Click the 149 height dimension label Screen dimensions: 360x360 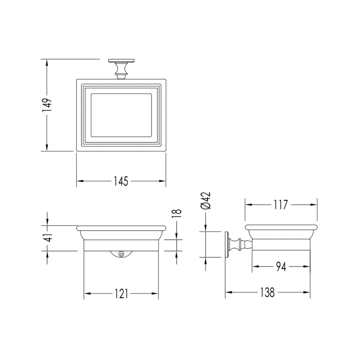(47, 105)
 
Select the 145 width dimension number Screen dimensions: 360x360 (121, 181)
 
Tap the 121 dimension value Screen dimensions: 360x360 (121, 293)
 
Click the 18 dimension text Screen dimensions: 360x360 (177, 213)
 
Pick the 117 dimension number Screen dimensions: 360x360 (281, 205)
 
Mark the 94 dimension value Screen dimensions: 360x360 (281, 266)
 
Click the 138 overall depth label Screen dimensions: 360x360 (267, 292)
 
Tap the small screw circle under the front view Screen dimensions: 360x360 (121, 254)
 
